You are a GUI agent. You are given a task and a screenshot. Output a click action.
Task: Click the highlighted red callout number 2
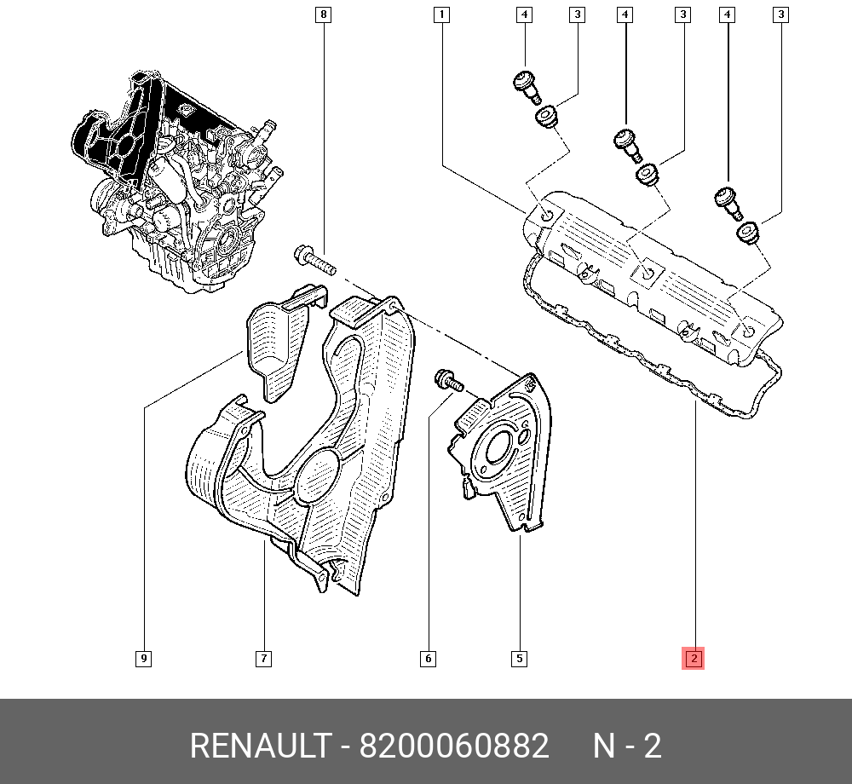[694, 659]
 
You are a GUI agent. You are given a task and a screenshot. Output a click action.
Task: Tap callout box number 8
[323, 14]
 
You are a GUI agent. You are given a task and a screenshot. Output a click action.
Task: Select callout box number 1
[441, 14]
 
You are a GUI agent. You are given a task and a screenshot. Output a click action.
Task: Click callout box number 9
[143, 659]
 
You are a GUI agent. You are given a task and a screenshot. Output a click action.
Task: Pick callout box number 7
[263, 659]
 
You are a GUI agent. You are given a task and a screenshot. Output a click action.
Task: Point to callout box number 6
[429, 659]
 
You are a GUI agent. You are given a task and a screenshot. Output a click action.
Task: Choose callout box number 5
[520, 659]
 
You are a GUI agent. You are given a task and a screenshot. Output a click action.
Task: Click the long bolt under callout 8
[314, 261]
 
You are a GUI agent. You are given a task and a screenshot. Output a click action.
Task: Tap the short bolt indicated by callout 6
[449, 380]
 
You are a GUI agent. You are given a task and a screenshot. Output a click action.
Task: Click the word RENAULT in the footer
[260, 746]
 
